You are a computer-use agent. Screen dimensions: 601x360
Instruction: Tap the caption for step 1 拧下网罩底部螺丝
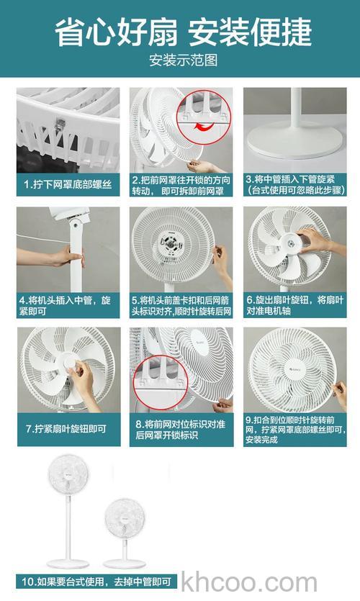tap(68, 184)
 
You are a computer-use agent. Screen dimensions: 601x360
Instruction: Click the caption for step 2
tap(181, 185)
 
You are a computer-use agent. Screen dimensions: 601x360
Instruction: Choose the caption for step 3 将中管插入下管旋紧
tap(294, 185)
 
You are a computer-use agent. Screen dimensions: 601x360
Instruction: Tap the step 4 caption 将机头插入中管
tap(68, 304)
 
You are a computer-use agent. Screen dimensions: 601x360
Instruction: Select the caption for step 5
tap(181, 304)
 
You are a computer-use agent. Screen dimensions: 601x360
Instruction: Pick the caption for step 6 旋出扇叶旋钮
tap(294, 304)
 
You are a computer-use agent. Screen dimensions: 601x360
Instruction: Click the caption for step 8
tap(181, 430)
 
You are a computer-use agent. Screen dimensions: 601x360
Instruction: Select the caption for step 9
tap(294, 430)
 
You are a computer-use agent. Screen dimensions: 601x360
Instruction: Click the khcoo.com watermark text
tap(249, 582)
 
